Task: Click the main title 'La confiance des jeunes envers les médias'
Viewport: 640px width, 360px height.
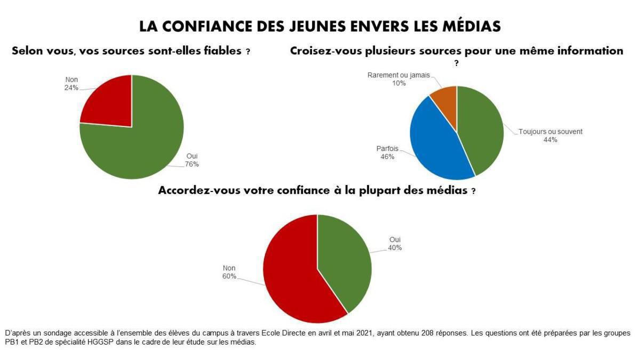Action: pos(320,26)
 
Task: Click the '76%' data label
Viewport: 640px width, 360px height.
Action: pos(192,164)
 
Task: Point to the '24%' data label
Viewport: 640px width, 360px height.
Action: pos(71,88)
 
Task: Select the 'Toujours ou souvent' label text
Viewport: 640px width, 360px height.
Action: pos(550,131)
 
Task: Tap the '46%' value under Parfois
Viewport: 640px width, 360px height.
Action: pos(387,157)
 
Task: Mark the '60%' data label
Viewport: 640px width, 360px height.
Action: pos(229,276)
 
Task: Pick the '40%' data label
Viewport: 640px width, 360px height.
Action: pos(395,247)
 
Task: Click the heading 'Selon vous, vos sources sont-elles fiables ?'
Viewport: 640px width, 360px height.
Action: pos(131,52)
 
